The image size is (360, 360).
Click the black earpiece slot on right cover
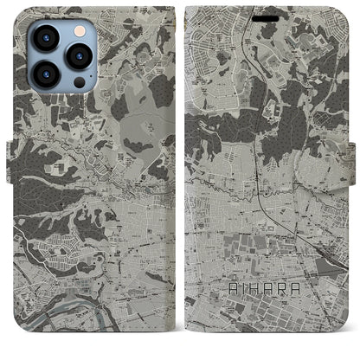(x=272, y=16)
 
